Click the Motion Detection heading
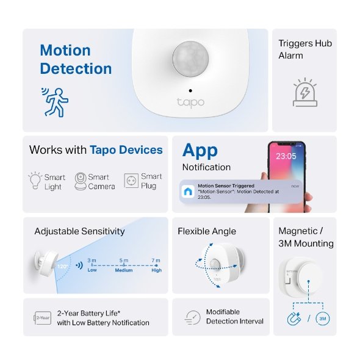pyautogui.click(x=76, y=59)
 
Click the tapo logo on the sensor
pyautogui.click(x=190, y=102)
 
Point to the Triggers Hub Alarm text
pyautogui.click(x=304, y=49)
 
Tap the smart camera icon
pyautogui.click(x=80, y=181)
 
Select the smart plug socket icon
pyautogui.click(x=130, y=181)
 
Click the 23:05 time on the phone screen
pyautogui.click(x=286, y=156)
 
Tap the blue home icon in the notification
pyautogui.click(x=188, y=191)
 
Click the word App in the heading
pyautogui.click(x=200, y=150)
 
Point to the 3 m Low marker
pyautogui.click(x=92, y=265)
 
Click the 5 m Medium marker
pyautogui.click(x=124, y=265)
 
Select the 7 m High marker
pyautogui.click(x=156, y=265)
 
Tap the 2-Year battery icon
pyautogui.click(x=42, y=318)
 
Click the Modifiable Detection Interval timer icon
pyautogui.click(x=192, y=317)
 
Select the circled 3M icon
pyautogui.click(x=323, y=319)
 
